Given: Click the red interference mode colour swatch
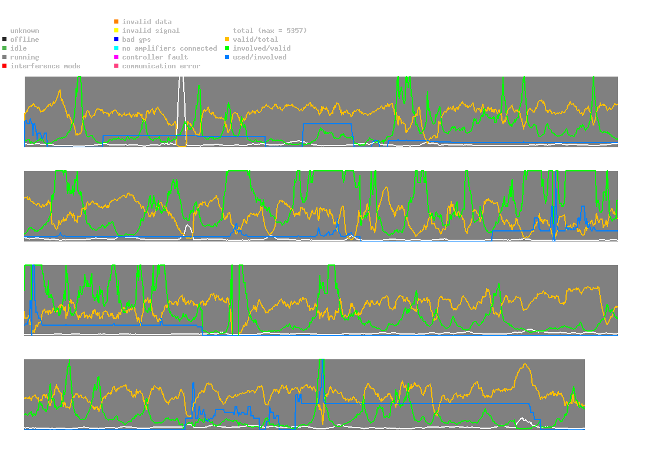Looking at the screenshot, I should point(5,66).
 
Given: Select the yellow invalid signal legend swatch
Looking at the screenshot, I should point(117,31).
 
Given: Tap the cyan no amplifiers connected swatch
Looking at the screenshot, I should point(117,48).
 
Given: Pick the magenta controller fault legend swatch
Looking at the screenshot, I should point(117,57).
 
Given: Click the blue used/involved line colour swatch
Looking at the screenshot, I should point(227,57).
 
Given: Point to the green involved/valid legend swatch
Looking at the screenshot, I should point(227,48).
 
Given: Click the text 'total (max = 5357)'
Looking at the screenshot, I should point(270,31).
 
